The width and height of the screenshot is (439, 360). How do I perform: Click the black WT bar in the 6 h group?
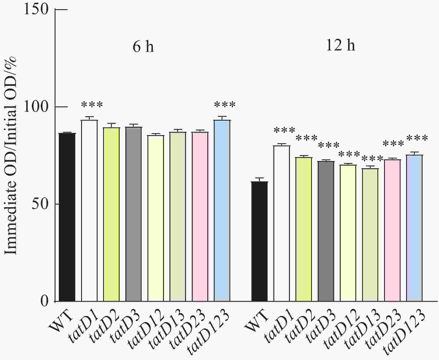(x=67, y=217)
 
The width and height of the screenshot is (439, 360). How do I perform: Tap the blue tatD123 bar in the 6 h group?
(x=222, y=211)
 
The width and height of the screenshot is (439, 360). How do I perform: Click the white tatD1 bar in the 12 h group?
(x=282, y=223)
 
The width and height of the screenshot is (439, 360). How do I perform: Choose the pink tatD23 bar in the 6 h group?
(x=200, y=217)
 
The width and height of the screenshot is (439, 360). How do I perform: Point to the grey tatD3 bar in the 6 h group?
(x=134, y=214)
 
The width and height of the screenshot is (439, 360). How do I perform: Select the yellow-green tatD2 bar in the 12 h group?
(x=304, y=229)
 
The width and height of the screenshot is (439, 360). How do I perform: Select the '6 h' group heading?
(x=143, y=47)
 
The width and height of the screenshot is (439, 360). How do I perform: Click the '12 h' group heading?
(x=340, y=45)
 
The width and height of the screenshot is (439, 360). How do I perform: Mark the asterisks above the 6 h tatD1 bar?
(x=92, y=105)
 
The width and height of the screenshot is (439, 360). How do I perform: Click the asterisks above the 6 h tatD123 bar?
(x=225, y=105)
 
